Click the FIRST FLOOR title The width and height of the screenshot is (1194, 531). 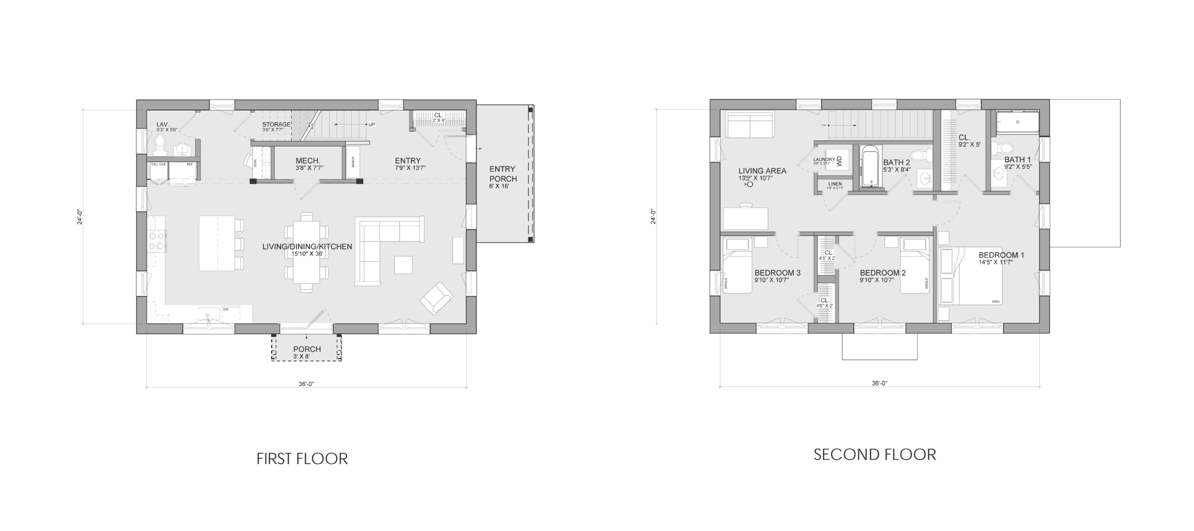click(302, 458)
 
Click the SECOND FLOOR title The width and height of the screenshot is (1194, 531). click(875, 454)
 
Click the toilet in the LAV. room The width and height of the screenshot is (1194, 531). click(160, 144)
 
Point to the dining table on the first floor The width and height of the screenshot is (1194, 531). click(306, 252)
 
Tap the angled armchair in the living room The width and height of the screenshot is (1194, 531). click(436, 298)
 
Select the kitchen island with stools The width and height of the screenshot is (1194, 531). click(217, 243)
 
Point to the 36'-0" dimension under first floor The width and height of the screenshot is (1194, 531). click(306, 384)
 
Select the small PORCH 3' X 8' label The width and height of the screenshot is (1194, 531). click(307, 352)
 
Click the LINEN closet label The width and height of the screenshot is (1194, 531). click(834, 185)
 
